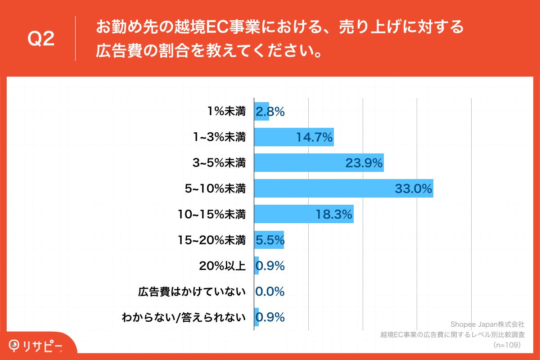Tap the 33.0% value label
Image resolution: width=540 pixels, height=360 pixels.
(x=413, y=189)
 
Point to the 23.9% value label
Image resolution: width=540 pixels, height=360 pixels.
(x=364, y=163)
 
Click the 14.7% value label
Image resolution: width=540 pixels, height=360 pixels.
(x=314, y=137)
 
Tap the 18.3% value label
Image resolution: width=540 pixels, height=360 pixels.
(x=333, y=215)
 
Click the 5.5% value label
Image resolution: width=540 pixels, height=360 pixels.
(x=270, y=240)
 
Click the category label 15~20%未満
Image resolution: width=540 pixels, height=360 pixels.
(x=212, y=240)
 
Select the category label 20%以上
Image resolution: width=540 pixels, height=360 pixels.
(x=222, y=266)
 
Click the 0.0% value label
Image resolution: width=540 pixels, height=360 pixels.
(x=270, y=292)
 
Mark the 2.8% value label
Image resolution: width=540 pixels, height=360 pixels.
(x=270, y=111)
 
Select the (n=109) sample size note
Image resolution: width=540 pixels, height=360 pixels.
(x=507, y=345)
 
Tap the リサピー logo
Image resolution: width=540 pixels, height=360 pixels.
(x=36, y=345)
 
